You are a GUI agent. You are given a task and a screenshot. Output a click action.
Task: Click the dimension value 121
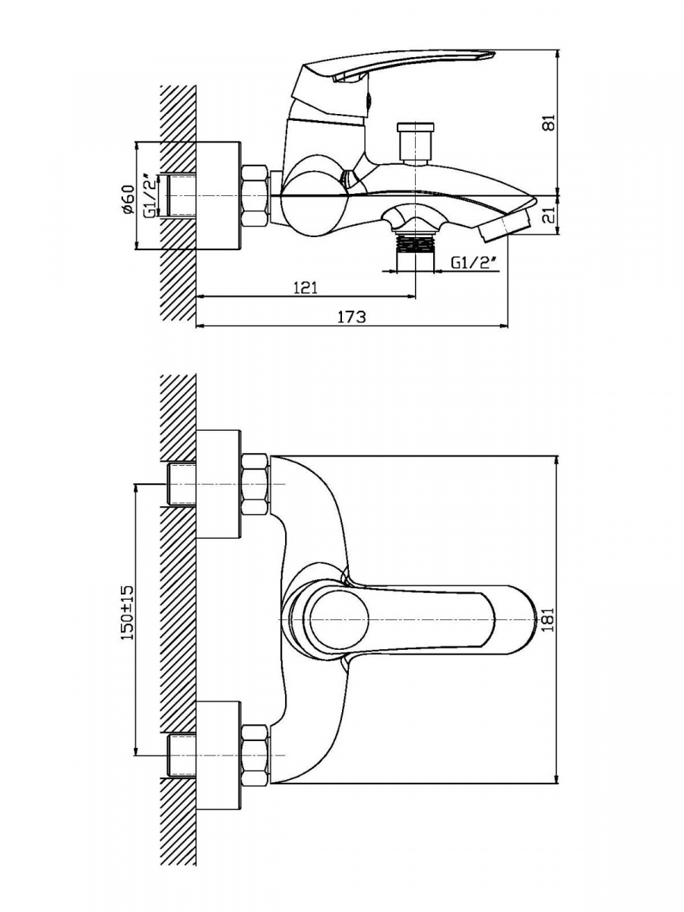(306, 287)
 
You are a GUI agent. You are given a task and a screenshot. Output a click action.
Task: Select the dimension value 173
(351, 317)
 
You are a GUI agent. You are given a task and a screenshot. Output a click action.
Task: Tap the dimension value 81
(549, 123)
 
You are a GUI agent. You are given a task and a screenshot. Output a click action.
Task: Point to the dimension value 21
(549, 216)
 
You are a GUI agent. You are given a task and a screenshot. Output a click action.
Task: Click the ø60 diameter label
(129, 199)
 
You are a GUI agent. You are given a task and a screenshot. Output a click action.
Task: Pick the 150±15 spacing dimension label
(128, 613)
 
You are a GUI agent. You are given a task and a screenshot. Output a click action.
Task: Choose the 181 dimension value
(549, 619)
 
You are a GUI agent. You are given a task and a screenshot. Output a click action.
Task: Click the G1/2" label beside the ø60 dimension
(151, 195)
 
